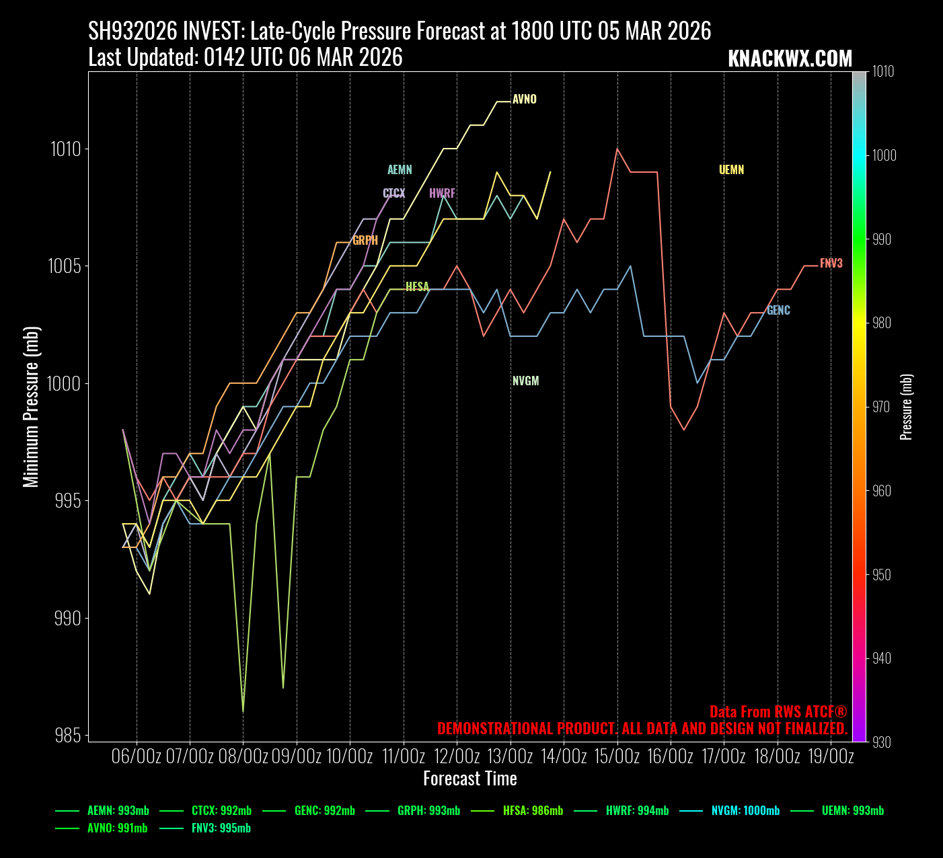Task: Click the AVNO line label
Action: pyautogui.click(x=524, y=100)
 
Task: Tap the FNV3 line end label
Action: pyautogui.click(x=831, y=264)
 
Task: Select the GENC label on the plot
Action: pyautogui.click(x=778, y=311)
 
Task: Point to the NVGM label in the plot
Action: pyautogui.click(x=525, y=381)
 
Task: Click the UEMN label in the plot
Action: pyautogui.click(x=731, y=170)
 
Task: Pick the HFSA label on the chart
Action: pyautogui.click(x=417, y=287)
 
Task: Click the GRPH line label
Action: pyautogui.click(x=365, y=241)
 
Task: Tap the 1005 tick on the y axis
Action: pyautogui.click(x=65, y=266)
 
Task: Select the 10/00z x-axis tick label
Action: pyautogui.click(x=350, y=756)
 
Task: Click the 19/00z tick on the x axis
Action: pyautogui.click(x=831, y=756)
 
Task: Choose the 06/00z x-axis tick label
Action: pyautogui.click(x=137, y=756)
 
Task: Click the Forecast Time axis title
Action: pyautogui.click(x=469, y=779)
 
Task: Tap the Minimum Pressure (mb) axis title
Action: pyautogui.click(x=31, y=406)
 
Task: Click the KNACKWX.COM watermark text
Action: pyautogui.click(x=790, y=59)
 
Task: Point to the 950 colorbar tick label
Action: pyautogui.click(x=884, y=575)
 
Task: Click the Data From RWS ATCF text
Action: pyautogui.click(x=778, y=712)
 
